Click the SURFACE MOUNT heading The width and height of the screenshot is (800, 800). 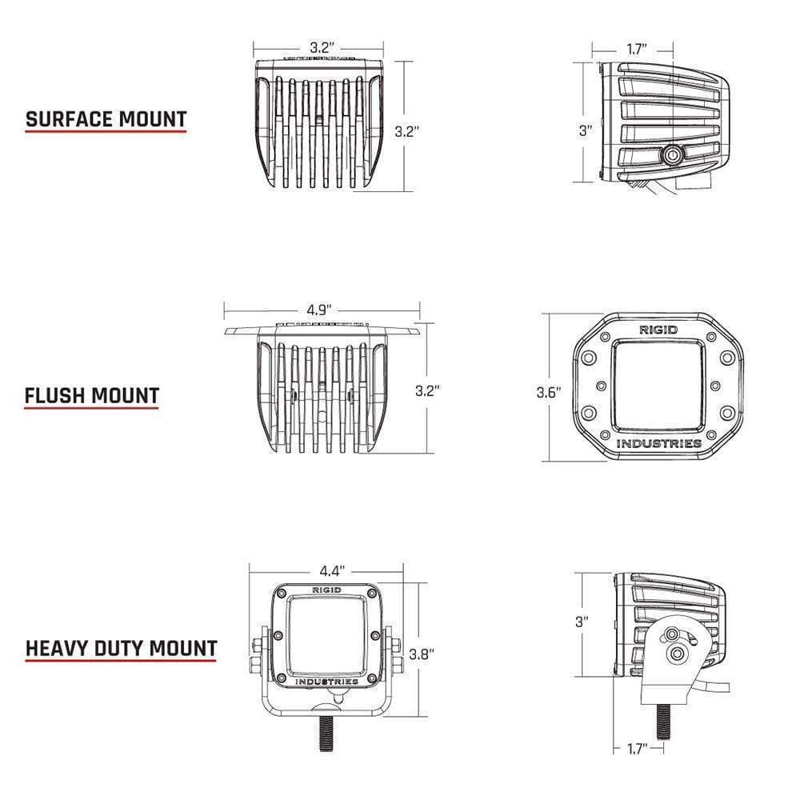pyautogui.click(x=106, y=120)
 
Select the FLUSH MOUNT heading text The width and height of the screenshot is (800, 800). pyautogui.click(x=91, y=395)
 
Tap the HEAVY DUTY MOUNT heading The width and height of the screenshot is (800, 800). pyautogui.click(x=121, y=647)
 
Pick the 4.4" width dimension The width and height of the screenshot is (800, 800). pyautogui.click(x=331, y=571)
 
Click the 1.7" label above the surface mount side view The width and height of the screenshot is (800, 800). pyautogui.click(x=638, y=49)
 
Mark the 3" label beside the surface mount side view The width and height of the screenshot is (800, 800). pyautogui.click(x=586, y=130)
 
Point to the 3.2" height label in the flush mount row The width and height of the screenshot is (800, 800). pyautogui.click(x=427, y=391)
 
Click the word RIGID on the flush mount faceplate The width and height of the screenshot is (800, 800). pyautogui.click(x=658, y=330)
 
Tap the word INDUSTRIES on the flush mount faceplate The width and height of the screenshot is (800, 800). pyautogui.click(x=659, y=443)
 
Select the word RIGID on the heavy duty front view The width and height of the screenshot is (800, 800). pyautogui.click(x=326, y=590)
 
